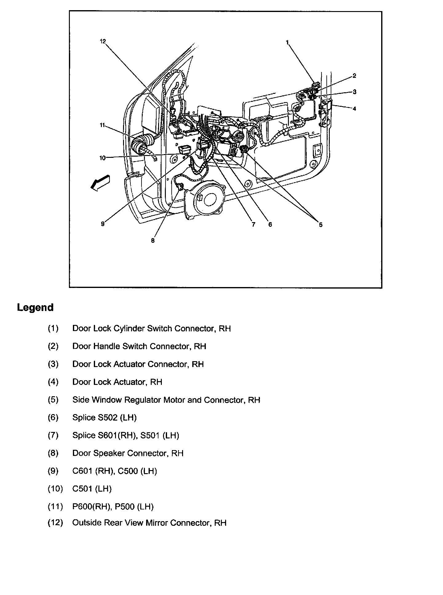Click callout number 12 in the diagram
(103, 41)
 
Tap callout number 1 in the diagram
(287, 42)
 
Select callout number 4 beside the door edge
(354, 108)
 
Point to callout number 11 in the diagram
(102, 125)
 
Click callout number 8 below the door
(153, 241)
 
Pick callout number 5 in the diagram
(321, 225)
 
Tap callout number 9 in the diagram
(103, 224)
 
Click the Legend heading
(35, 307)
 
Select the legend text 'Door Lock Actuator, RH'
(117, 382)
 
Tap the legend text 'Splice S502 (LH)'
(105, 417)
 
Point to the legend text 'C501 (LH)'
(92, 489)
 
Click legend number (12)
(55, 523)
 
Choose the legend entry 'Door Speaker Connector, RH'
(128, 453)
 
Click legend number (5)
(53, 400)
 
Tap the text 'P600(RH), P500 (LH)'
(113, 506)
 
